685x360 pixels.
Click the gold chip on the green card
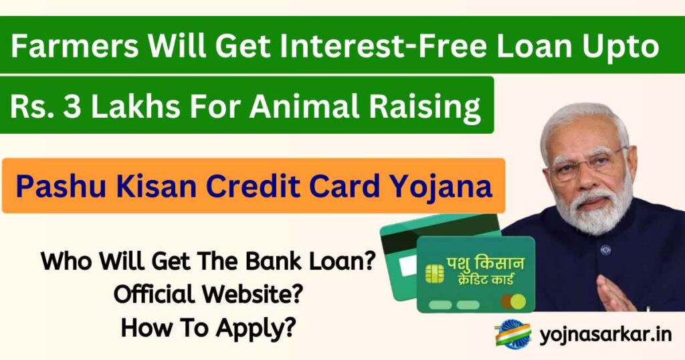tap(435, 272)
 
